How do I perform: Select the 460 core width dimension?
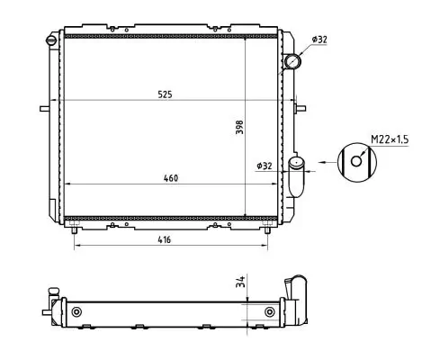[x=171, y=177]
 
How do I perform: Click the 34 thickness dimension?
[x=239, y=283]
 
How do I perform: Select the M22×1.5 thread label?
[x=389, y=139]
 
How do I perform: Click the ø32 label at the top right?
[x=319, y=40]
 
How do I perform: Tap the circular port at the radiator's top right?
[x=293, y=61]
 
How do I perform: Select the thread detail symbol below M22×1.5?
[x=358, y=162]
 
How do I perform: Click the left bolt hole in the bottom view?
[x=76, y=312]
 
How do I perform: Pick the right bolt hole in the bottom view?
[x=270, y=312]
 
